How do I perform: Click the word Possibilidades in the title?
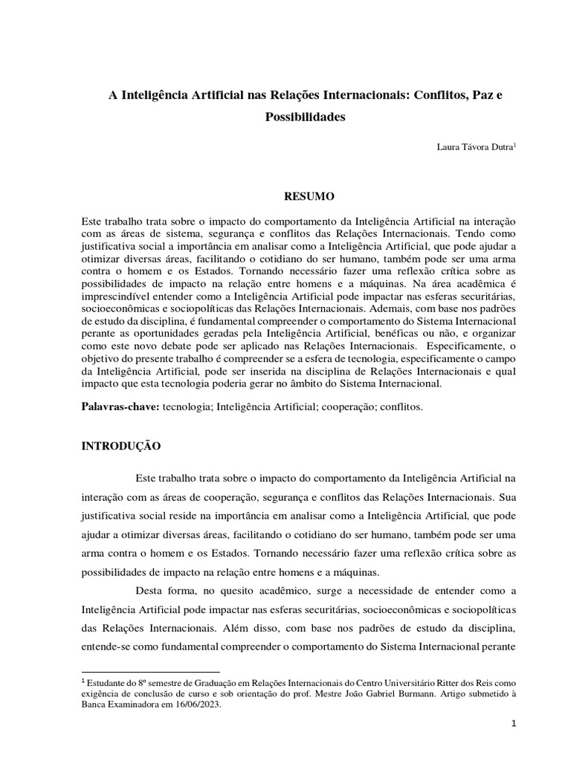point(306,117)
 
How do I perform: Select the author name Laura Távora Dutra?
point(475,146)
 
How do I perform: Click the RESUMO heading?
point(306,196)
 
